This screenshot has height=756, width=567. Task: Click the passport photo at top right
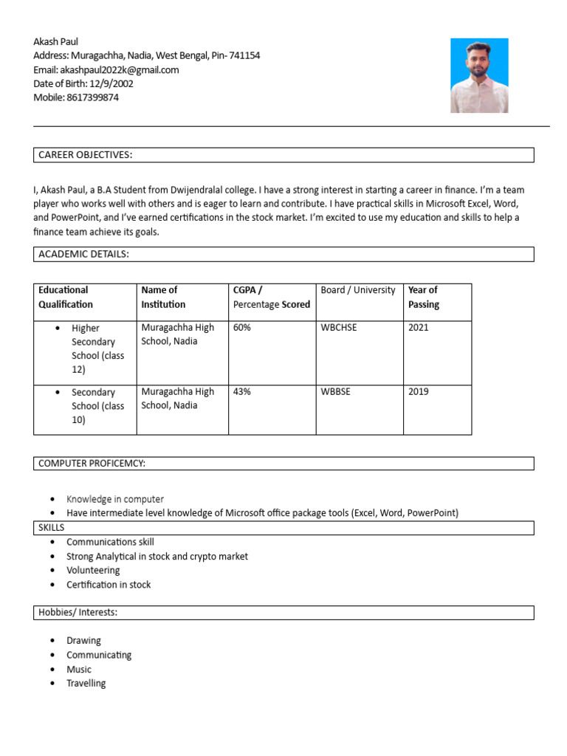tap(479, 75)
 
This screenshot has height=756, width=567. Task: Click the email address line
tap(106, 69)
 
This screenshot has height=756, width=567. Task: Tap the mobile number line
tap(76, 97)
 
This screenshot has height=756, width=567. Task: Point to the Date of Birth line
tap(83, 83)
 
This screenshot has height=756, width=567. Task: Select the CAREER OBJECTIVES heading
tap(85, 155)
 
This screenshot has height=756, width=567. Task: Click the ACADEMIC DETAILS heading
tap(83, 255)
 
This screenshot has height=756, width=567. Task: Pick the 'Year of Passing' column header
tap(423, 297)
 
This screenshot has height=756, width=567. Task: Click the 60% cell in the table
tap(241, 327)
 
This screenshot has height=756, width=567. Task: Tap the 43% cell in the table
tap(241, 391)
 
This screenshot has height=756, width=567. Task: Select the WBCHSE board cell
tap(338, 327)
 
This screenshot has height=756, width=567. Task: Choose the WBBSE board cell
tap(335, 391)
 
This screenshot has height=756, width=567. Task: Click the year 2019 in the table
tap(418, 391)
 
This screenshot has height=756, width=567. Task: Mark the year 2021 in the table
tap(418, 327)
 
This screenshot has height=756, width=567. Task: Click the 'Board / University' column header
tap(358, 290)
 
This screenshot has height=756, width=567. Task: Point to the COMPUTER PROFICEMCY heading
tap(92, 463)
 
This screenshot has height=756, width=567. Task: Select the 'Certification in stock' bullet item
tap(109, 585)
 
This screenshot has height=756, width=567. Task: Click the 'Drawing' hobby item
tap(83, 641)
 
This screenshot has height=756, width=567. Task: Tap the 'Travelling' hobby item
tap(86, 684)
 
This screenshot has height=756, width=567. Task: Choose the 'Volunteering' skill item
tap(93, 571)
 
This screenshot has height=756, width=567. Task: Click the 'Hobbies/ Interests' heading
tap(78, 613)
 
